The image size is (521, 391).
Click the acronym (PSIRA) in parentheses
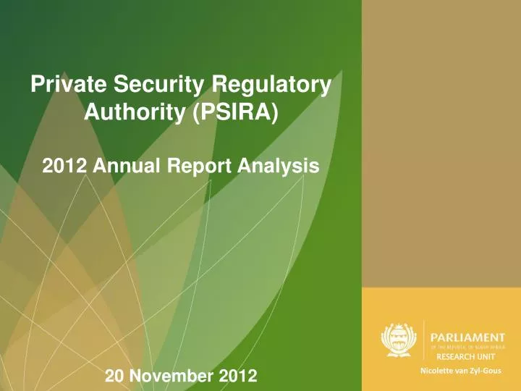tap(234, 112)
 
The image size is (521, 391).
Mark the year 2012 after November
tap(240, 376)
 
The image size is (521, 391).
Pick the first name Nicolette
tap(436, 372)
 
